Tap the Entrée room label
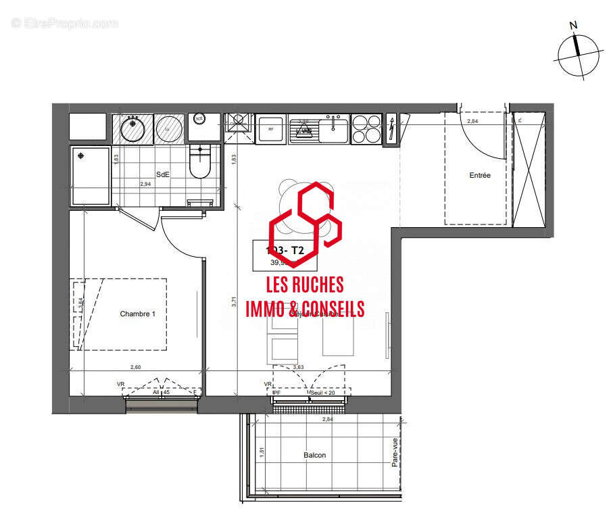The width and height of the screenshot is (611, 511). (x=480, y=176)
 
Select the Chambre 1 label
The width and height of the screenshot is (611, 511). (x=138, y=314)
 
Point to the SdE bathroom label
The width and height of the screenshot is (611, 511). (x=163, y=174)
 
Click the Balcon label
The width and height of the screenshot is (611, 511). (x=314, y=455)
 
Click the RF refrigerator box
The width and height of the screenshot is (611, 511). (x=270, y=128)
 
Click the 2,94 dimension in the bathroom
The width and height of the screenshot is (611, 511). (x=145, y=184)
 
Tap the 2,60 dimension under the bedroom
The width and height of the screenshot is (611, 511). (x=135, y=367)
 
